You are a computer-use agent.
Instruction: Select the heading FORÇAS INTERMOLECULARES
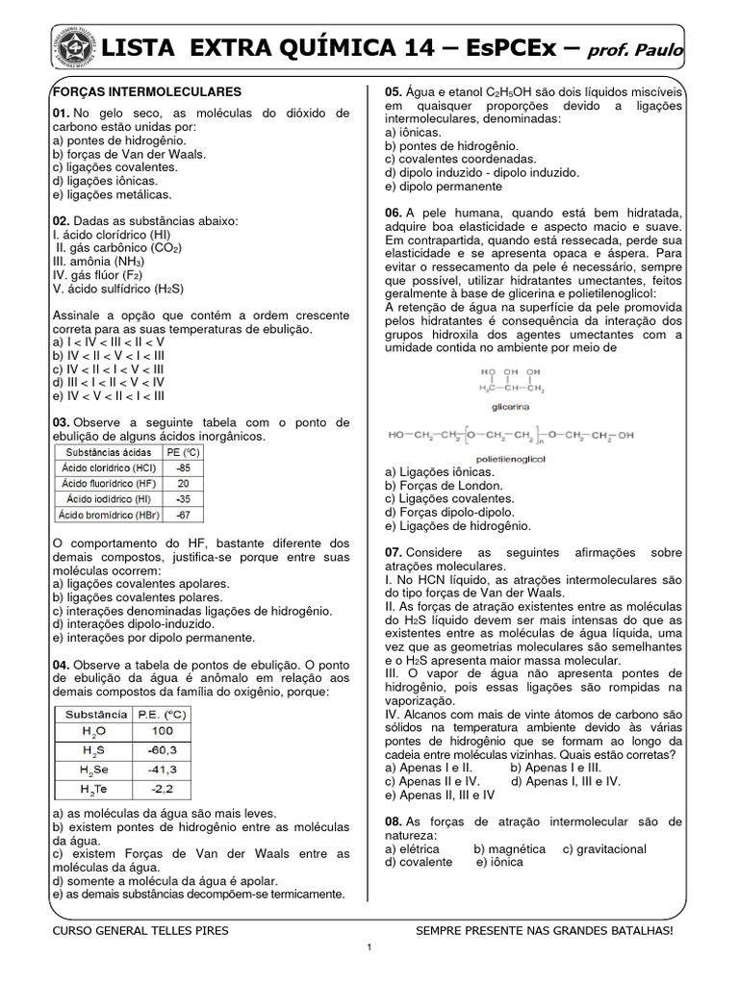[146, 91]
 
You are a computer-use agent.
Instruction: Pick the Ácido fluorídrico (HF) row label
[108, 483]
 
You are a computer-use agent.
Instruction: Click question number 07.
[394, 552]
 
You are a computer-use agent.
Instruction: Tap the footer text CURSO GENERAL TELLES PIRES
[140, 931]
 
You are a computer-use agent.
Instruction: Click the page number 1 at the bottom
[369, 948]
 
